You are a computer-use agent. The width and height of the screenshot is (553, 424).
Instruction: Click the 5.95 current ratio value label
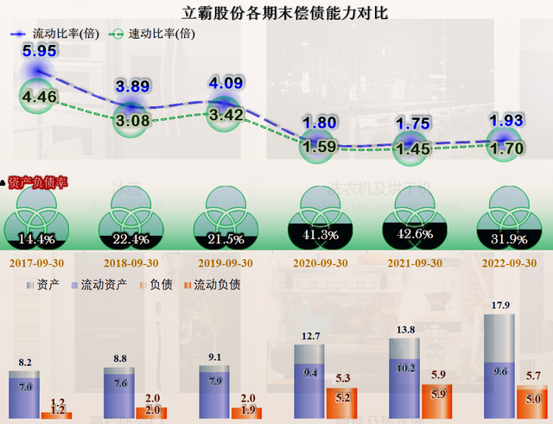pos(40,51)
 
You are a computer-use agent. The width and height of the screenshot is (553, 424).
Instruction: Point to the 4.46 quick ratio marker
pos(40,97)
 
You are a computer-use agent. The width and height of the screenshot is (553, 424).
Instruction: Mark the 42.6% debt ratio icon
pos(413,217)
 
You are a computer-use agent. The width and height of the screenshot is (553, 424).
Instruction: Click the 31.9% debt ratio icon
pos(508,217)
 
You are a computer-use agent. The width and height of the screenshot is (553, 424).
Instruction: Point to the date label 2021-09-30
pos(413,263)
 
